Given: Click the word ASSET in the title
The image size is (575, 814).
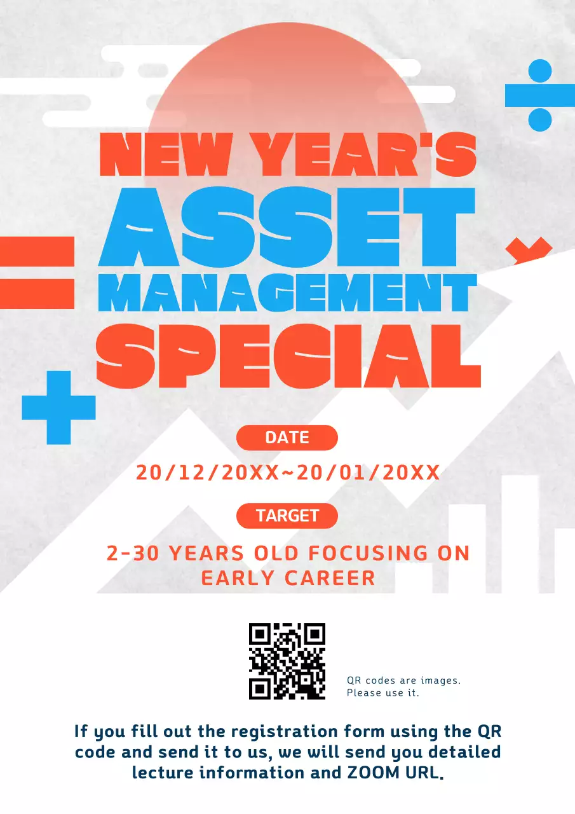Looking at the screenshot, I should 287,228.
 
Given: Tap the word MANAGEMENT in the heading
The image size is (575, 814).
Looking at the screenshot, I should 287,293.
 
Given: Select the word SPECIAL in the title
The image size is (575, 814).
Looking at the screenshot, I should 288,355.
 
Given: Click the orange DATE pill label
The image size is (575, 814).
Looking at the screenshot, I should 287,438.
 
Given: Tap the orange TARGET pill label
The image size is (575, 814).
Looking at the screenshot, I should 287,516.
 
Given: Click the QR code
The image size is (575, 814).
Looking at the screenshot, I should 287,661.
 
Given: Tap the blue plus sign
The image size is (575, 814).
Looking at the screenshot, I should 58,407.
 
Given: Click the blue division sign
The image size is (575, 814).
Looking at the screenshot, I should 539,95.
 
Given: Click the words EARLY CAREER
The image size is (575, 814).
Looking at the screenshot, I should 288,578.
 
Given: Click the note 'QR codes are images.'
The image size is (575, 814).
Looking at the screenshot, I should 403,680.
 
